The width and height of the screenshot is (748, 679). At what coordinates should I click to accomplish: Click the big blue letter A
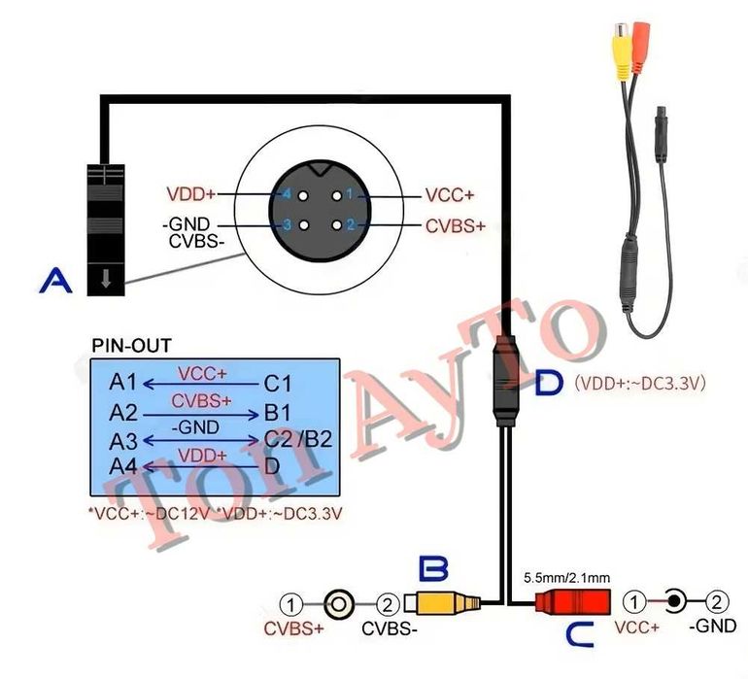point(55,280)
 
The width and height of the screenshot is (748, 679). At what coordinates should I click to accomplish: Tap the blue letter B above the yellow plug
point(433,568)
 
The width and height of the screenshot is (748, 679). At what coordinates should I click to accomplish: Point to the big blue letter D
point(549,383)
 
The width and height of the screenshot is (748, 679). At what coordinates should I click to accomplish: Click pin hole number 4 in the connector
point(303,195)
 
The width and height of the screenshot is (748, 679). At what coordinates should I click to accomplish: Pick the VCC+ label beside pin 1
point(450,195)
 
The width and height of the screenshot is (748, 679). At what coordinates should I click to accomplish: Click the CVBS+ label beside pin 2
point(455,225)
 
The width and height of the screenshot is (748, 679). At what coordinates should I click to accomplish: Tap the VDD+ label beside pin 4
point(190,194)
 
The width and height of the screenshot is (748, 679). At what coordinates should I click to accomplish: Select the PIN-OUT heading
point(131,346)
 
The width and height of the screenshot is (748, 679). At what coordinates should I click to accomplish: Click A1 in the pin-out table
point(123,382)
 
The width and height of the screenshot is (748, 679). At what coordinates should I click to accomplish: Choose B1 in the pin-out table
point(277,413)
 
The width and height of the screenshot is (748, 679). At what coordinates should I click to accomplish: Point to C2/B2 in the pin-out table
point(298,439)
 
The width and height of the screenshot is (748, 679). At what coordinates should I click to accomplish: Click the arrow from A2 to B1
point(201,416)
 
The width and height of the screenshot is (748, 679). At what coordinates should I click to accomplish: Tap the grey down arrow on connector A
point(106,279)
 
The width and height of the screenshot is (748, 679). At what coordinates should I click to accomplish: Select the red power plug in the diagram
point(573,601)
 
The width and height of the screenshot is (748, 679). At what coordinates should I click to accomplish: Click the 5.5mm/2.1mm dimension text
point(566,578)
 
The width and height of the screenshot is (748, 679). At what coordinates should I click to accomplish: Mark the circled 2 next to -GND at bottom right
point(717,602)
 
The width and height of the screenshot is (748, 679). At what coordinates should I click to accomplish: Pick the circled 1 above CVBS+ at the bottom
point(291,604)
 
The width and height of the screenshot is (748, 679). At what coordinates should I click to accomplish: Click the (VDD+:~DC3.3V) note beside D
point(640,383)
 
